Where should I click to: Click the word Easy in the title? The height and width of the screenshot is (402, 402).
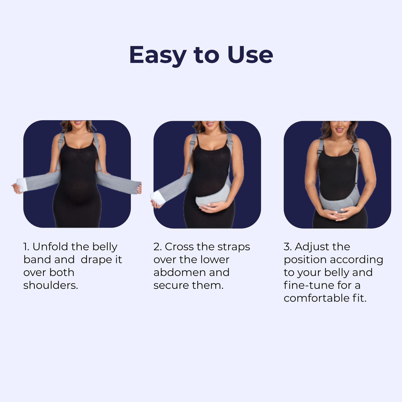pos(157,55)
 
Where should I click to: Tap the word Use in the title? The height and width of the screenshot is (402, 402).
pos(250,55)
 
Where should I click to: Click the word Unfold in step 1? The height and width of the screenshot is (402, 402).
pos(50,247)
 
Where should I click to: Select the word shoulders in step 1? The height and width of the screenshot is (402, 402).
pos(50,285)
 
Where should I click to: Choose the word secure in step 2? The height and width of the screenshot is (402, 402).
pos(171,285)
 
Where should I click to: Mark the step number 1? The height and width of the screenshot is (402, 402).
pos(26,247)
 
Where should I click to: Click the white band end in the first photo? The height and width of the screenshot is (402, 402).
pos(21,184)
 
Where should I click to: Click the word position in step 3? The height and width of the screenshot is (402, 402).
pos(305,260)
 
